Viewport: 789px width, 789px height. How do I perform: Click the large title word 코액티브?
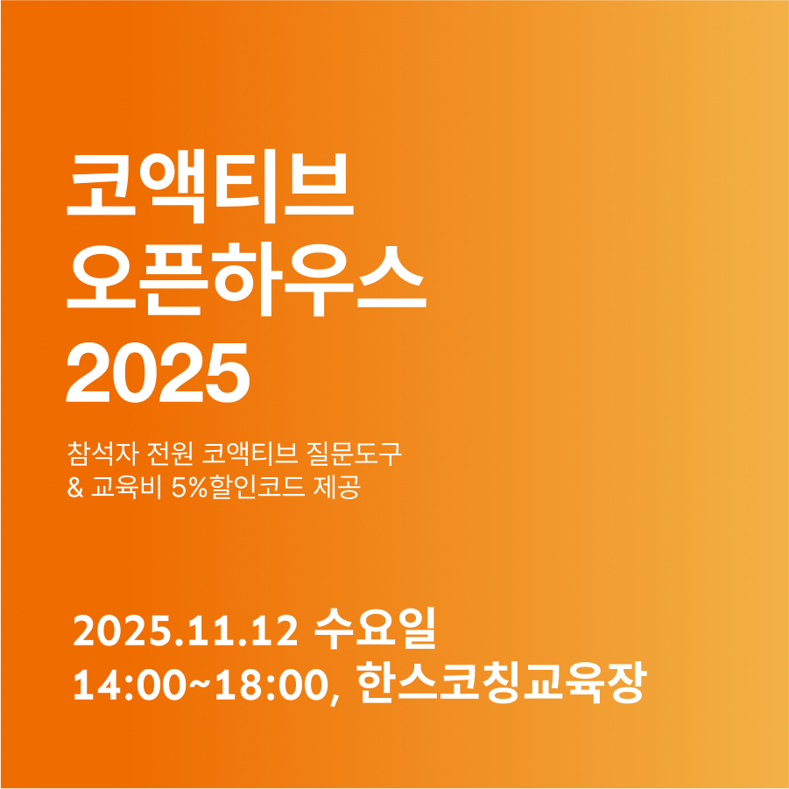(210, 187)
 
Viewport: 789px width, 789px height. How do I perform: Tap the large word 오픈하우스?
(247, 278)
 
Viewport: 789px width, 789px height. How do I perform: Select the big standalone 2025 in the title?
(158, 372)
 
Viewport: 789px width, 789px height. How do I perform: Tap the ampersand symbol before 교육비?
(75, 488)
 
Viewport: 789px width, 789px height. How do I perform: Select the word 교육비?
(126, 487)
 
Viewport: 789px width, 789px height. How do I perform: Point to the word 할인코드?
(257, 487)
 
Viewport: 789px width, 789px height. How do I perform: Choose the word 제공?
(337, 487)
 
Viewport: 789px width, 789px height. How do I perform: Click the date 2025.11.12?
(186, 631)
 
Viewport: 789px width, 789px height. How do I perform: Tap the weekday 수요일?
(375, 629)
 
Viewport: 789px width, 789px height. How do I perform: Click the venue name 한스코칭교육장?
(502, 683)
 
